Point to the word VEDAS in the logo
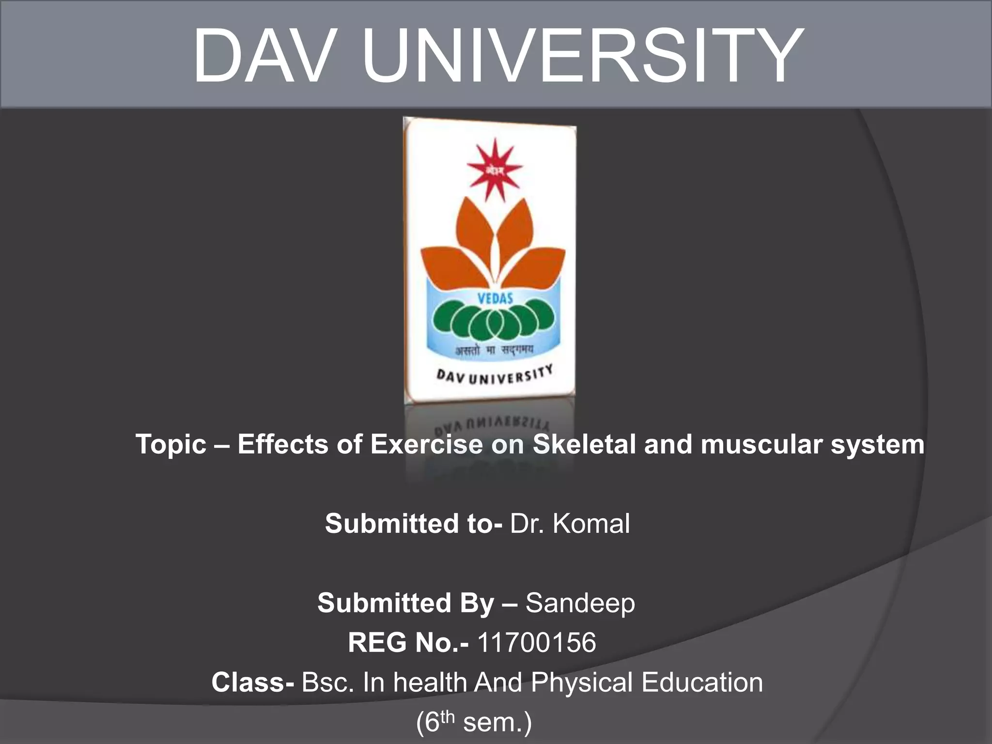(x=495, y=298)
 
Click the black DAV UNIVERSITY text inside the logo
(x=494, y=375)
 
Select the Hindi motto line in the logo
(x=494, y=350)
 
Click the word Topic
(x=170, y=445)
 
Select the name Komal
(x=591, y=524)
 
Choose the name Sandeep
(x=580, y=604)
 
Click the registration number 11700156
(x=536, y=643)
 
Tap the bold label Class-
(x=252, y=682)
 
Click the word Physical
(x=581, y=683)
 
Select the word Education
(x=702, y=682)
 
